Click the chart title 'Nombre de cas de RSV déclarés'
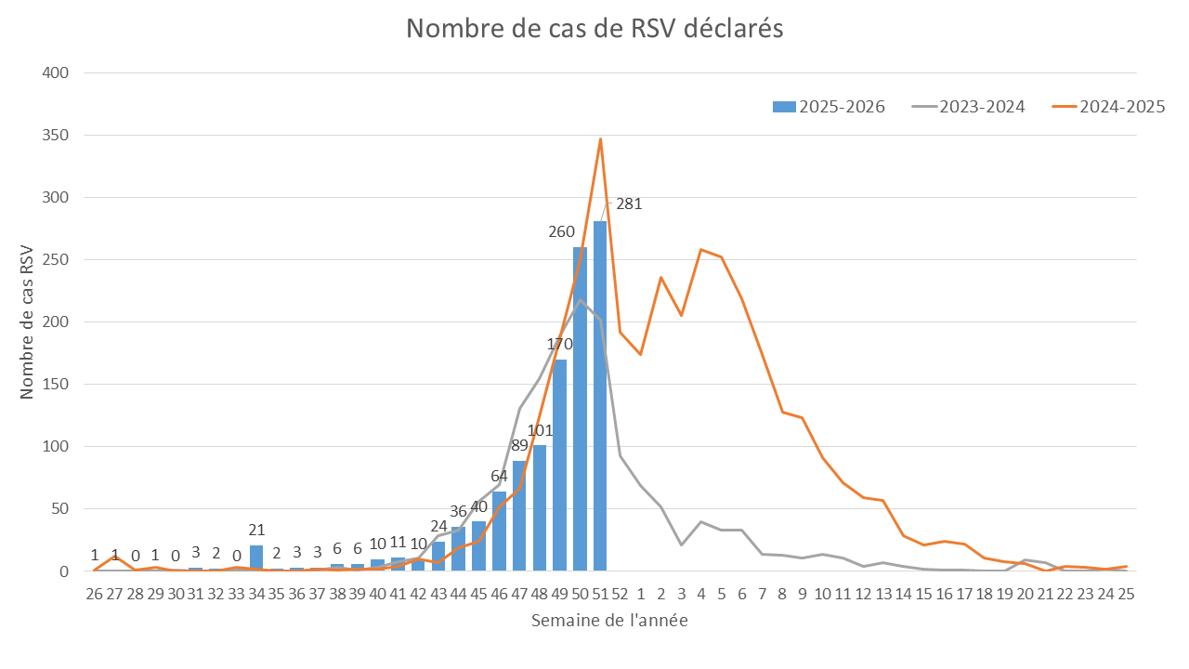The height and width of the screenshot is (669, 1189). click(594, 29)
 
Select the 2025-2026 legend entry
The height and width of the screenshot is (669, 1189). click(829, 107)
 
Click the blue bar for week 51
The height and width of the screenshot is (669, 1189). click(600, 396)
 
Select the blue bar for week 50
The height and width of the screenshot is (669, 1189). click(581, 409)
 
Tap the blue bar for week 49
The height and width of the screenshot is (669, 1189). click(560, 465)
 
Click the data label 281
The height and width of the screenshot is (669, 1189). click(629, 204)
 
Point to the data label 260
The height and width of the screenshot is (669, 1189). click(561, 231)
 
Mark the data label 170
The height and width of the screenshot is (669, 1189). click(559, 344)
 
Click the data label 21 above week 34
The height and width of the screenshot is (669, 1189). click(256, 531)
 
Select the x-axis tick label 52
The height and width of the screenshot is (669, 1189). click(621, 594)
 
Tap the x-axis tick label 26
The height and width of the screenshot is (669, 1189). click(95, 594)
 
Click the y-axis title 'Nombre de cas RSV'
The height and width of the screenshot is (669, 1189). click(27, 321)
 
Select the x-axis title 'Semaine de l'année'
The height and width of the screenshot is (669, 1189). click(609, 621)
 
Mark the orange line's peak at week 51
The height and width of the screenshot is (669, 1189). click(601, 139)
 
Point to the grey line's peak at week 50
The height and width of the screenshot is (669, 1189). click(581, 300)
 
